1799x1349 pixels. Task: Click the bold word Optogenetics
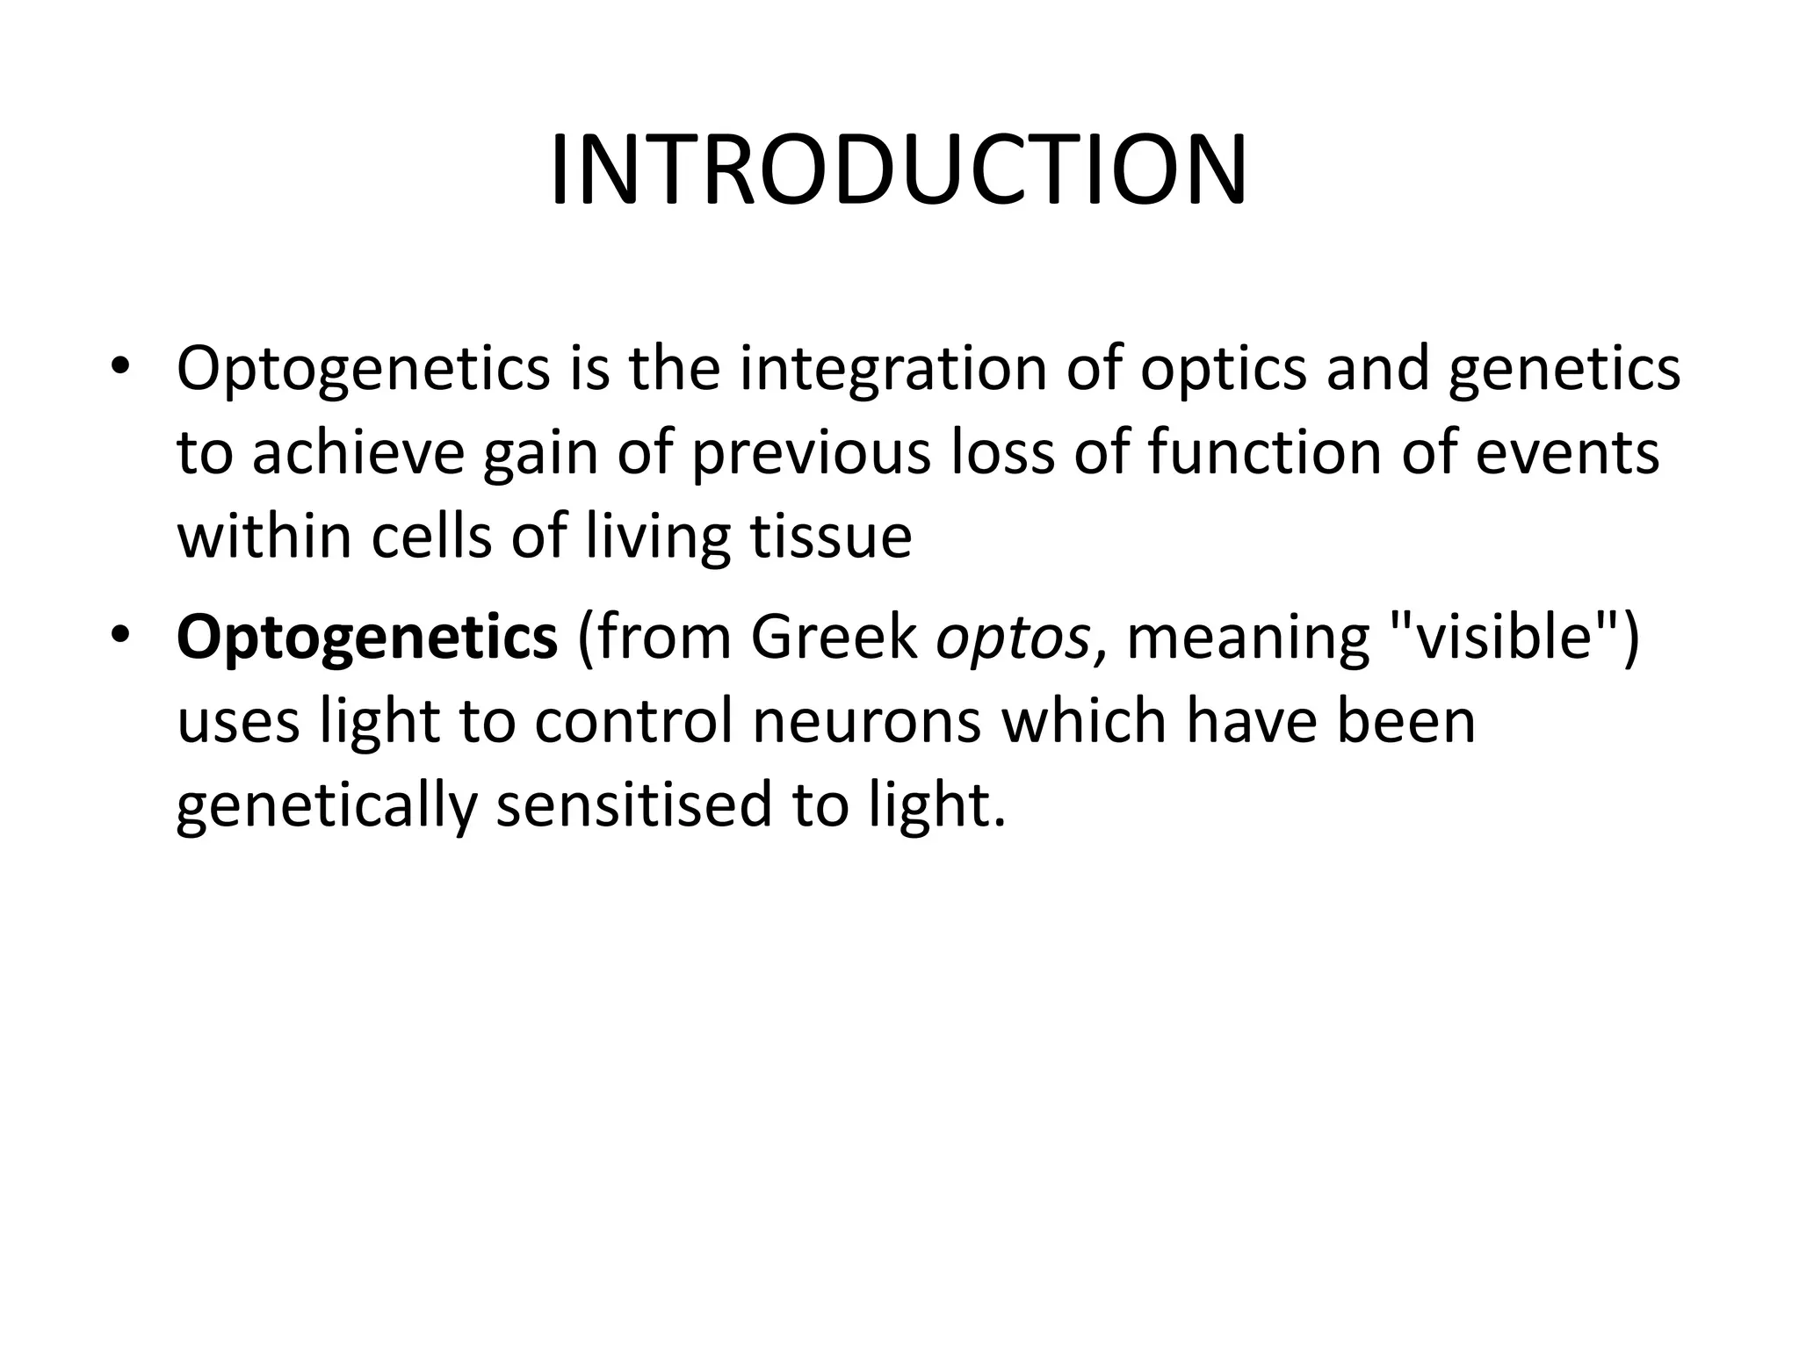367,638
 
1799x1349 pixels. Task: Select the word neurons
866,721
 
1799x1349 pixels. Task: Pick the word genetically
326,805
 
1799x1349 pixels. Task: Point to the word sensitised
634,805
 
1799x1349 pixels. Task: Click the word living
657,537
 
